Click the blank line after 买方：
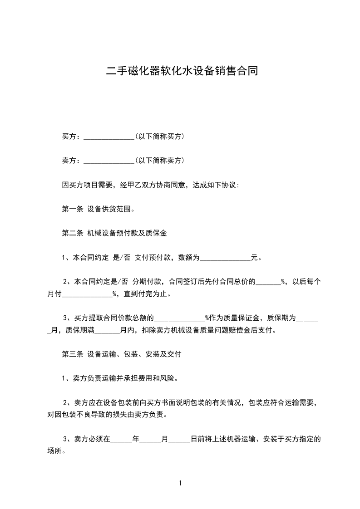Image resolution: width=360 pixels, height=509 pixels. (x=109, y=137)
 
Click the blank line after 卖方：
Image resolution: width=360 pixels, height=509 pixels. (x=109, y=161)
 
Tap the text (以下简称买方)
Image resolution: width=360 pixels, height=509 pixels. (x=159, y=136)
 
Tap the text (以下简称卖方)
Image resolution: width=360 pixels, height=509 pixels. (x=159, y=160)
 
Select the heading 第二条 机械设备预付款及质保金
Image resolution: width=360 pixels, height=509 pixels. (x=114, y=233)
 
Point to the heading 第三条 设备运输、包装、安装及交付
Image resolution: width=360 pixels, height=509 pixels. (x=121, y=354)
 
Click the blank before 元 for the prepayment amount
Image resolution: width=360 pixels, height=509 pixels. (x=225, y=258)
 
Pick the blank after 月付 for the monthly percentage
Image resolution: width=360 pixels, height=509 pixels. (x=87, y=294)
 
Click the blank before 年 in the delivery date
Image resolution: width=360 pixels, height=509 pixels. (x=121, y=440)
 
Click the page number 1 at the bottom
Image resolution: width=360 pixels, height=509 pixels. (x=180, y=483)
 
